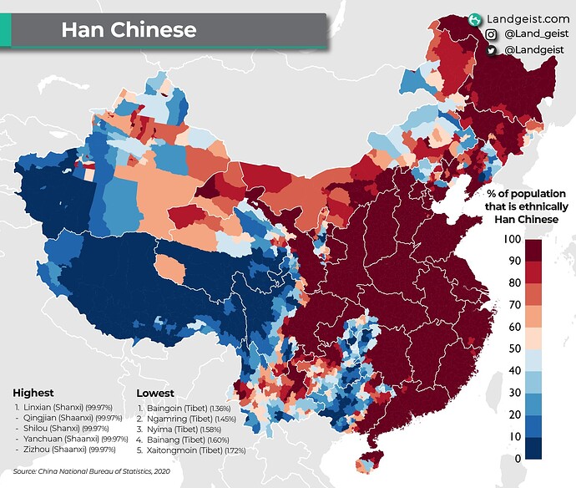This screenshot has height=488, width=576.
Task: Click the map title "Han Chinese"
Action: [x=129, y=31]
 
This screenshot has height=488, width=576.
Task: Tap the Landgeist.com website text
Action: [x=528, y=18]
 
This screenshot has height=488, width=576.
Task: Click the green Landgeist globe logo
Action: [x=474, y=18]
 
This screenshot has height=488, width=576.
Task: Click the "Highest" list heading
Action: [x=33, y=392]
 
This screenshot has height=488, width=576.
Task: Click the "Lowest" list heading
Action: [x=155, y=392]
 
